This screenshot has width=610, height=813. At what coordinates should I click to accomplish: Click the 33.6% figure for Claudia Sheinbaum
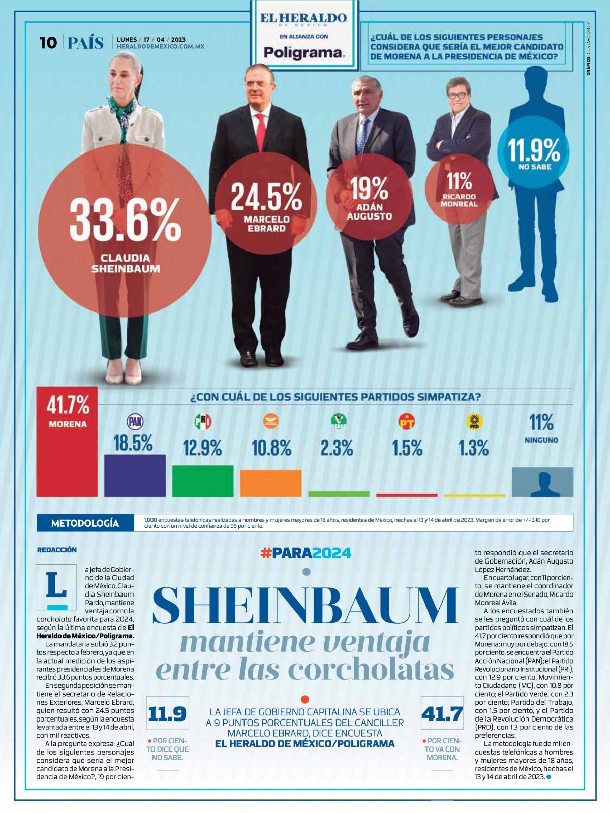coord(125,220)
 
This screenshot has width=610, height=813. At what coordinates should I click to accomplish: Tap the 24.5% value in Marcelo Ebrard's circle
coord(266,197)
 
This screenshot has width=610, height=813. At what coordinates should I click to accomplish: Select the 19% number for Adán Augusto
coord(370,189)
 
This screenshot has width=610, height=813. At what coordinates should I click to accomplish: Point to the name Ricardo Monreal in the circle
coord(459,200)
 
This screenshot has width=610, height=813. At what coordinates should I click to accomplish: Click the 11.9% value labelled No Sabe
coord(534,149)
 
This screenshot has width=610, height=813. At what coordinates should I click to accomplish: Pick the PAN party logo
coord(135,421)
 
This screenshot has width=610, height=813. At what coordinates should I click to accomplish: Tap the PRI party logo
coord(203,421)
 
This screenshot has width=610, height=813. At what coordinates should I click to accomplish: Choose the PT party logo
coord(407,421)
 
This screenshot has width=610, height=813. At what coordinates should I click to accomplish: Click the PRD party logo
coord(474,422)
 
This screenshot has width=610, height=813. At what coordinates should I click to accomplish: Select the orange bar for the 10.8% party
coord(270,483)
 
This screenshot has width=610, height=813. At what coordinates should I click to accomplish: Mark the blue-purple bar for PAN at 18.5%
coord(135,475)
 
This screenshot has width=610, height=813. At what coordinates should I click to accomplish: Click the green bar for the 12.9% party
coord(203,481)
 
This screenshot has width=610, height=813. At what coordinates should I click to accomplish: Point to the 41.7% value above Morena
coord(68,405)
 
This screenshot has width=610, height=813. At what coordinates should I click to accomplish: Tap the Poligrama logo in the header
coord(304,52)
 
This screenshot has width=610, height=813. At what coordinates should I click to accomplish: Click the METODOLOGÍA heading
coord(85,523)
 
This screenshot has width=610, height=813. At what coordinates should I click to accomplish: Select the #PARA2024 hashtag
coord(306,553)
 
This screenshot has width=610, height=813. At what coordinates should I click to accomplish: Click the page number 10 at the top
coord(48,43)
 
